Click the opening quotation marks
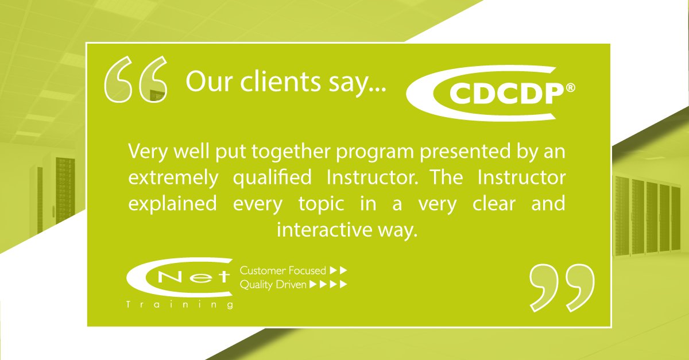[136, 80]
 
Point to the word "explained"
[172, 204]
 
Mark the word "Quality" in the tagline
[256, 284]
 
